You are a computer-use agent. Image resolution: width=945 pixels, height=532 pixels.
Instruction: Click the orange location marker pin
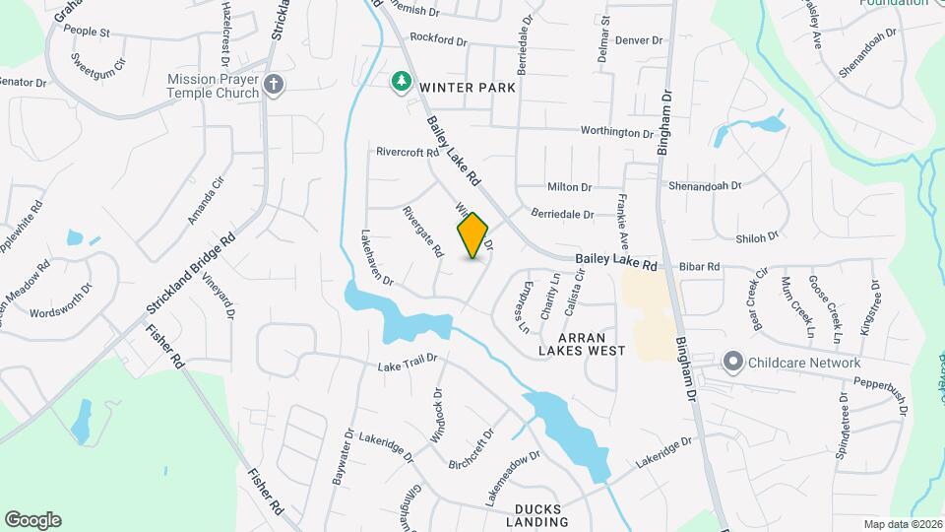[473, 234]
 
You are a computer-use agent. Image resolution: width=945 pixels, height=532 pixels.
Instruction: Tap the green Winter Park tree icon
[401, 81]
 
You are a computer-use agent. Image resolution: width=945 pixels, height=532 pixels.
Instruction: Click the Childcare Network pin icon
[731, 363]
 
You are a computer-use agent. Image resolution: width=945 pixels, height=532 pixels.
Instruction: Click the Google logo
[32, 519]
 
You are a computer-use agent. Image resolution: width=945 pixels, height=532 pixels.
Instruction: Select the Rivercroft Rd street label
[407, 153]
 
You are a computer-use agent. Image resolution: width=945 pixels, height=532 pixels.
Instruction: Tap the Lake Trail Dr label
[407, 366]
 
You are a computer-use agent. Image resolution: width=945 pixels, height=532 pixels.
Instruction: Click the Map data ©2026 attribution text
[901, 524]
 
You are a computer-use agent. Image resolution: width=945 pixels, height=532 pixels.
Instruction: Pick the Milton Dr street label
[569, 187]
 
